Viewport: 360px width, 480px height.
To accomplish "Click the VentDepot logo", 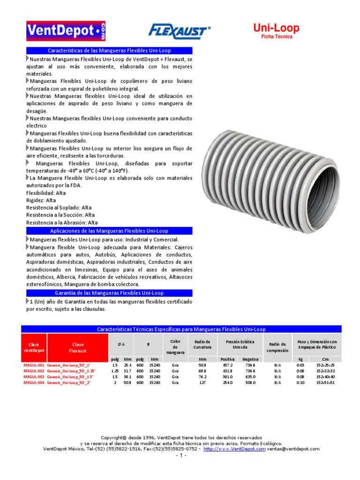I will tap(66, 31).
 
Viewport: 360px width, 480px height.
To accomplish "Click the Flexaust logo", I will tap(179, 31).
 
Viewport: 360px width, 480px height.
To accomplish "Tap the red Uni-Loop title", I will tap(276, 28).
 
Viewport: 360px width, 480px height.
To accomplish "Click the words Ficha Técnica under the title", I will tap(276, 37).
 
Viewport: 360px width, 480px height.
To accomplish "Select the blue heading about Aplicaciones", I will tap(109, 231).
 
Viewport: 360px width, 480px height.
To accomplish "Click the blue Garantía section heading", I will tap(109, 293).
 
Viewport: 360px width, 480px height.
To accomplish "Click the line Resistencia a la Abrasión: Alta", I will tap(62, 223).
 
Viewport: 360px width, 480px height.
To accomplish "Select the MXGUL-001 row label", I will tap(34, 364).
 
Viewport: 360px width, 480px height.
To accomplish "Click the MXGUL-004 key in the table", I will tap(34, 382).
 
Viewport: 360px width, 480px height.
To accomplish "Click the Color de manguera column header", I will tap(175, 347).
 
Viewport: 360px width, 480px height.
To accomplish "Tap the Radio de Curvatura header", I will tap(202, 345).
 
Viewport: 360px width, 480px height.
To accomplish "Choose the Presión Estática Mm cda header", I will tap(241, 345).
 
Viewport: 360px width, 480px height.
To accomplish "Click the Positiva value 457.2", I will tap(229, 364).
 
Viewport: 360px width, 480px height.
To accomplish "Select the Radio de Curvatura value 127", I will tap(202, 382).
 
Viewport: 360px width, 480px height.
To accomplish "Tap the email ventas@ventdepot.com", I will tap(293, 449).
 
